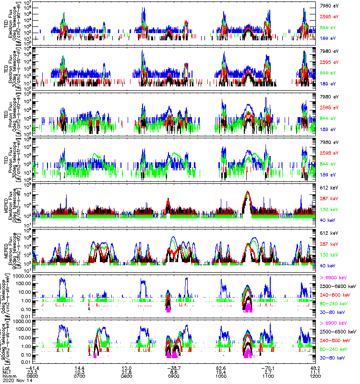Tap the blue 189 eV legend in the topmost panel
pyautogui.click(x=328, y=37)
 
